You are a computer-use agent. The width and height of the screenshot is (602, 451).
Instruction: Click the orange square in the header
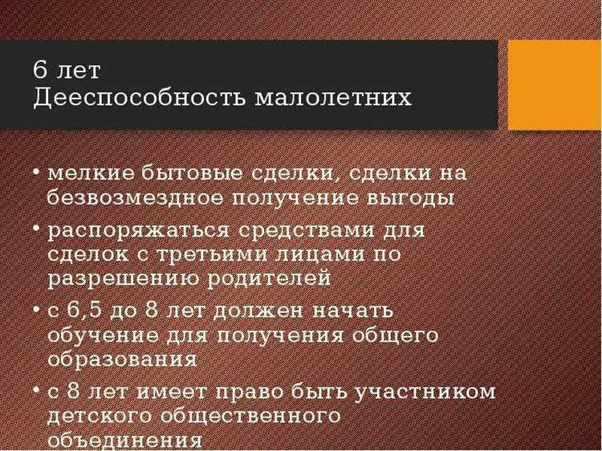(555, 84)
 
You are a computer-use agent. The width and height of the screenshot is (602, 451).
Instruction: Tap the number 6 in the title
(40, 70)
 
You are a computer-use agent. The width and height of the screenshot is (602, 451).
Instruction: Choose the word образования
(122, 360)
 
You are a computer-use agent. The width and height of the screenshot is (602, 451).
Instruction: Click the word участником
(425, 392)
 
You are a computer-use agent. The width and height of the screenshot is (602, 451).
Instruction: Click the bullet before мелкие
(38, 173)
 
